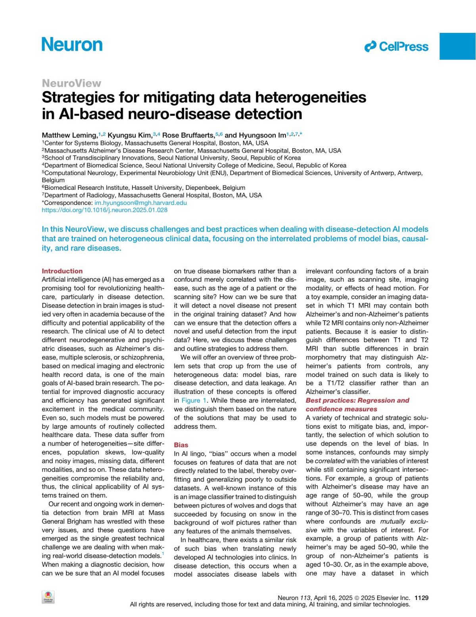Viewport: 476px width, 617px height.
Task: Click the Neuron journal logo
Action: pyautogui.click(x=72, y=44)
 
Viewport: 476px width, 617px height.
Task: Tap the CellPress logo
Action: pyautogui.click(x=396, y=47)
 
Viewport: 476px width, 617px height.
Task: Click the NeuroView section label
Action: pyautogui.click(x=71, y=83)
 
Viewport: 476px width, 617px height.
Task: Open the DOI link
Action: pyautogui.click(x=105, y=210)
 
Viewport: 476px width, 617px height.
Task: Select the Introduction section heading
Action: pyautogui.click(x=62, y=271)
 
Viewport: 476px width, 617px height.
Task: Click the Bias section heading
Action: pyautogui.click(x=181, y=445)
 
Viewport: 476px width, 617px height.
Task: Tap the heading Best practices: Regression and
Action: pyautogui.click(x=357, y=400)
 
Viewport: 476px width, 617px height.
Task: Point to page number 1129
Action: pyautogui.click(x=421, y=598)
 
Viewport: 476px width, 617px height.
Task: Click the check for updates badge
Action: pyautogui.click(x=48, y=597)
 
